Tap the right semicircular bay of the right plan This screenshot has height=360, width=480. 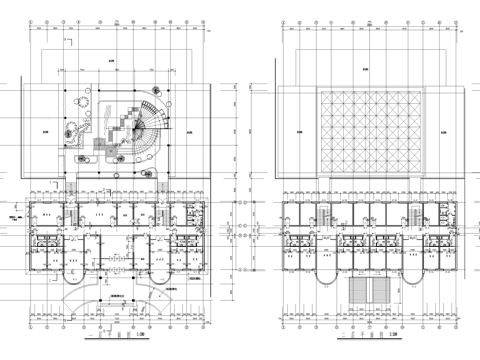point(413,258)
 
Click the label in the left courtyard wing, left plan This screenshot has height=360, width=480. point(47,131)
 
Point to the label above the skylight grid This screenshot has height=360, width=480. point(366,69)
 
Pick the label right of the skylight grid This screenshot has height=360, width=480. point(443,131)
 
